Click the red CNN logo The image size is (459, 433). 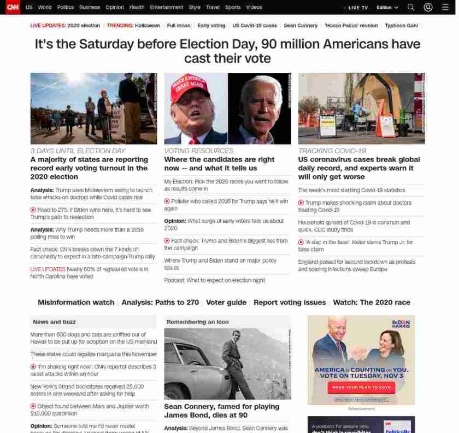click(x=13, y=7)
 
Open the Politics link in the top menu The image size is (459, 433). click(x=66, y=8)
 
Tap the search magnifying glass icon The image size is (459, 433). click(x=411, y=8)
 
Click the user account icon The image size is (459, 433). click(x=428, y=8)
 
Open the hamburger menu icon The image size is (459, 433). click(x=445, y=8)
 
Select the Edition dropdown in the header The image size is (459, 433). click(x=387, y=8)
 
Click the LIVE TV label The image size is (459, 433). click(x=357, y=8)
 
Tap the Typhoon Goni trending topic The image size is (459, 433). click(x=401, y=26)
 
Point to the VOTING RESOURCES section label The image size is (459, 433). click(x=199, y=151)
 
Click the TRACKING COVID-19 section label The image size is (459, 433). click(x=332, y=151)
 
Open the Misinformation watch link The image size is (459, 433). click(x=76, y=302)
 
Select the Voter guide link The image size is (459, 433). click(x=226, y=302)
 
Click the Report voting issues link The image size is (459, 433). click(x=290, y=302)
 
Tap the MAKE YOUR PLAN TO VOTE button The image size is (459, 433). click(x=361, y=388)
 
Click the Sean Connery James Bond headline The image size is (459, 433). click(x=221, y=411)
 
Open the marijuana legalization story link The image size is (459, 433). click(x=93, y=354)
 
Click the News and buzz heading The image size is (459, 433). click(x=54, y=322)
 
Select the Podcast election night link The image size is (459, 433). click(x=214, y=280)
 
